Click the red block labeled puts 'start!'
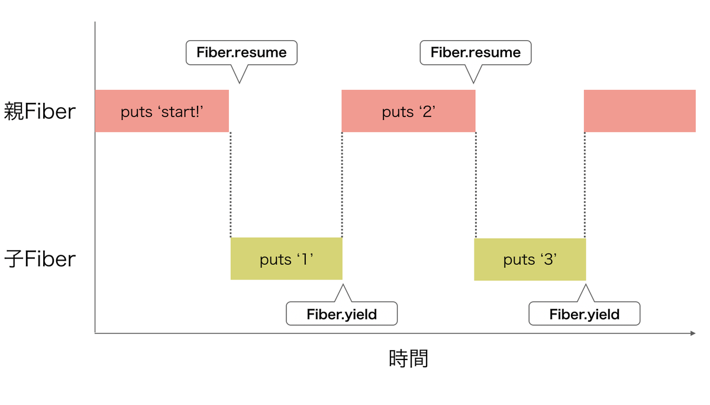[x=162, y=111]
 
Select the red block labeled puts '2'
[x=408, y=111]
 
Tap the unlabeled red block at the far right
[x=640, y=111]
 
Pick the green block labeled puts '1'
[x=286, y=258]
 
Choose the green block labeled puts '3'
[x=530, y=259]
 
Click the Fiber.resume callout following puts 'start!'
[x=241, y=53]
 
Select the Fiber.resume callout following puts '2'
[x=475, y=53]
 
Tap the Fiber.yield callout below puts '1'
[x=341, y=314]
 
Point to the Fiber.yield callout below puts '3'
[x=584, y=314]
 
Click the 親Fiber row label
[x=40, y=112]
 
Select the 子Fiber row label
[x=40, y=259]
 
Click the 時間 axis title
[x=408, y=358]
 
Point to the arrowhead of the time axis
[x=692, y=334]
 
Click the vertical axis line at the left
[x=95, y=177]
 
